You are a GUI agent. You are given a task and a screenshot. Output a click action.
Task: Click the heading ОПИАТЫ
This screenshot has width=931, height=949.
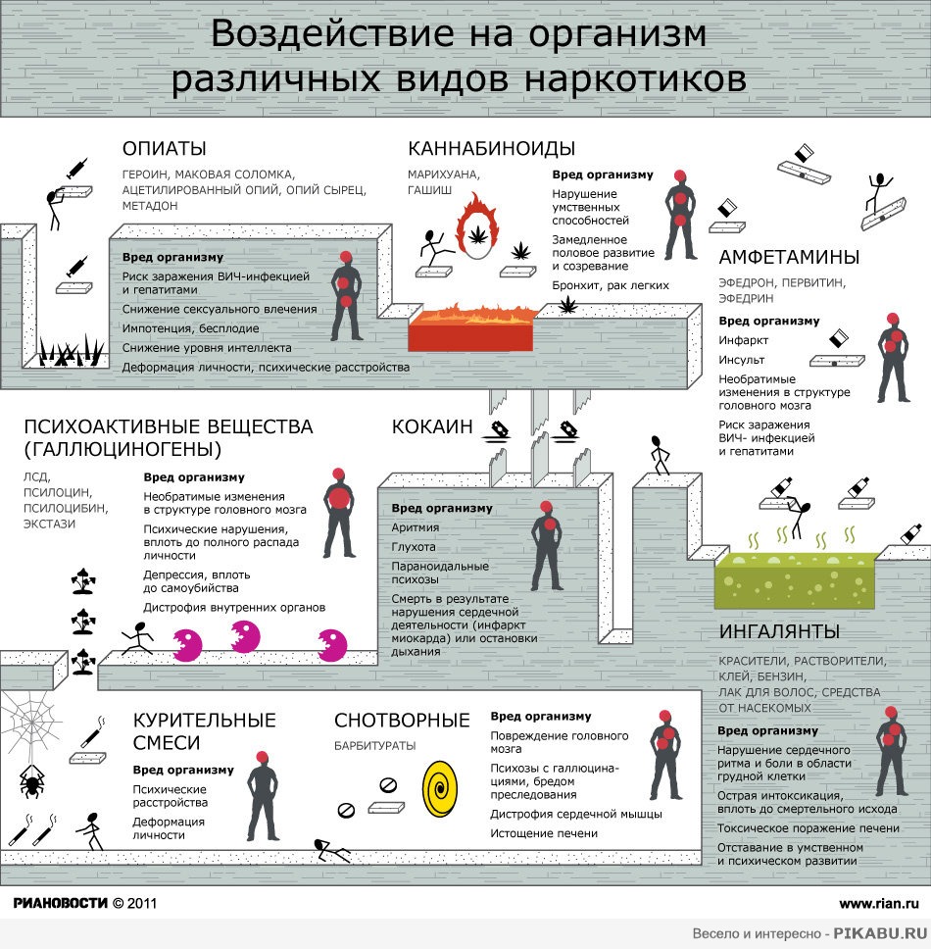[164, 148]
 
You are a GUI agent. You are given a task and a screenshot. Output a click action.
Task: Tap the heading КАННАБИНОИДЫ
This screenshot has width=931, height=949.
[491, 148]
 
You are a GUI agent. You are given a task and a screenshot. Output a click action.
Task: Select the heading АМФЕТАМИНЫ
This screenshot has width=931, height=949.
[789, 257]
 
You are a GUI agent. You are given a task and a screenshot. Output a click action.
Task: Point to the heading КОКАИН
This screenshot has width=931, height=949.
[432, 426]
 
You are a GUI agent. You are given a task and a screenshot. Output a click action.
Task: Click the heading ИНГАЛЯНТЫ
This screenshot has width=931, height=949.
[779, 631]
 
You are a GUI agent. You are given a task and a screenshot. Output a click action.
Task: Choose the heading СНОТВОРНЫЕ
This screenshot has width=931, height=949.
[402, 721]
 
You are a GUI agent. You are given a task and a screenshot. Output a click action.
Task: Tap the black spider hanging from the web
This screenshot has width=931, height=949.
[30, 780]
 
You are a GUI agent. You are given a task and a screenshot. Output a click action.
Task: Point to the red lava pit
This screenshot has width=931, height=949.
[471, 329]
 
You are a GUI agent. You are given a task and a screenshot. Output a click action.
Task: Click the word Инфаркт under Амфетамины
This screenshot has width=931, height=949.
[744, 340]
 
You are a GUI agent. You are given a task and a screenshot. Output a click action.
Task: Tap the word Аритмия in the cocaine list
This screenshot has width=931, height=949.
[415, 527]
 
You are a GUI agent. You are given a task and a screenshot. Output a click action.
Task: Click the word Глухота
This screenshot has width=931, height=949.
[414, 546]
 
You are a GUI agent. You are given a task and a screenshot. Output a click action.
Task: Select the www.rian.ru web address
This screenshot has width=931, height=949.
[879, 904]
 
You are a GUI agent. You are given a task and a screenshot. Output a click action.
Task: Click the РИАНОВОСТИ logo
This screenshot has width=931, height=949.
[60, 903]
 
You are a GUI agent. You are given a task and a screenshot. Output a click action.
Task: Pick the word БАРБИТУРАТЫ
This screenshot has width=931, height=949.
[375, 746]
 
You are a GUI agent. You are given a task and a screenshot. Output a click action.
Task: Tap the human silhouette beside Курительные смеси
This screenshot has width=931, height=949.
[263, 796]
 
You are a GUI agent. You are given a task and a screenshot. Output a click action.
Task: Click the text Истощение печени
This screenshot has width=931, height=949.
[544, 833]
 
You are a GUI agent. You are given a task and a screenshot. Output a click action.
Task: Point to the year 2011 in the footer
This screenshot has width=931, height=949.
[142, 904]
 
